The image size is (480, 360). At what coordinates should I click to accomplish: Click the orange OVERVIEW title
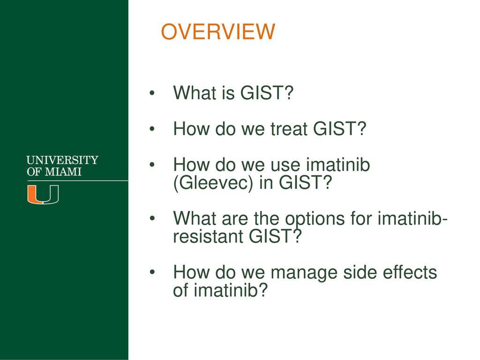tap(218, 31)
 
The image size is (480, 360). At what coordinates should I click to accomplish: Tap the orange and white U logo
tap(43, 195)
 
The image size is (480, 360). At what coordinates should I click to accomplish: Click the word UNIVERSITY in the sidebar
tap(62, 160)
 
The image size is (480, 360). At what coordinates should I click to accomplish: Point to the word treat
tap(289, 128)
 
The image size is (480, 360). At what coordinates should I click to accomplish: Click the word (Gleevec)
tap(213, 183)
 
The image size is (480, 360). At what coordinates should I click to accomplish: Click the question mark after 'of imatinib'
tap(263, 290)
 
